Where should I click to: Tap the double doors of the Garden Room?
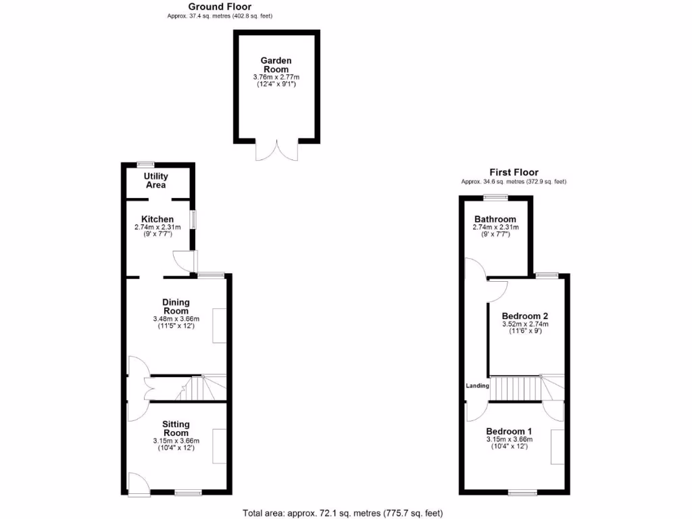[x=276, y=150]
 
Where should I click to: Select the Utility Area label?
[x=156, y=181]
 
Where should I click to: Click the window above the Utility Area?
[x=145, y=164]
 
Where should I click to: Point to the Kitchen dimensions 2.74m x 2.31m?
[x=157, y=228]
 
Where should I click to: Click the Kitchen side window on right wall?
[x=193, y=220]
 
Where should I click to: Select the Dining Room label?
[x=175, y=306]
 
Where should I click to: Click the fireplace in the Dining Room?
[x=220, y=326]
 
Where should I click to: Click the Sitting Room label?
[x=175, y=428]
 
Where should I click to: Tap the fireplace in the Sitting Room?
[x=220, y=446]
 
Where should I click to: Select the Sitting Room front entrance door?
[x=138, y=483]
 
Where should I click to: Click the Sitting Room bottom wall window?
[x=187, y=493]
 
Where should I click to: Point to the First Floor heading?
[x=514, y=172]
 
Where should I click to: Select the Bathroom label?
[x=495, y=219]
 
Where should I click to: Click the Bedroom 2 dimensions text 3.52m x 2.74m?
[x=525, y=324]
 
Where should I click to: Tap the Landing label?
[x=477, y=386]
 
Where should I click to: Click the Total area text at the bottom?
[x=343, y=513]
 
